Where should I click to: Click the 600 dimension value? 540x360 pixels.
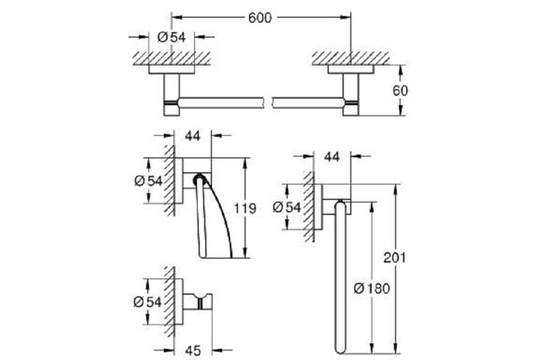pos(260,18)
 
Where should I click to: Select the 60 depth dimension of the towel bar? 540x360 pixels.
pos(400,91)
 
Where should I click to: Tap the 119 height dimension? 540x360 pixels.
pos(245,208)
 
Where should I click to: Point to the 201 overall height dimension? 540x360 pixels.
pos(395,257)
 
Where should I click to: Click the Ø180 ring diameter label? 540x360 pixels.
pos(372,288)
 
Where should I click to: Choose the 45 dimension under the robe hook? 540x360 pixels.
pos(193,351)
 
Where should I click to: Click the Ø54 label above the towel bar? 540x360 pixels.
pos(171,37)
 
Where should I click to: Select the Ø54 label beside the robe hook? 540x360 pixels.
pos(148,302)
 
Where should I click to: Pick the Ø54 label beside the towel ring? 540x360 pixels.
pos(287,207)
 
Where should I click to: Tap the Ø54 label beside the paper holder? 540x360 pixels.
pos(148,181)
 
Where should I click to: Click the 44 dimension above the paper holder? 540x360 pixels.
pos(193,136)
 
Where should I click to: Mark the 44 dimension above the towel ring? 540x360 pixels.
pos(332,157)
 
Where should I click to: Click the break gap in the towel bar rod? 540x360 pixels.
pos(268,103)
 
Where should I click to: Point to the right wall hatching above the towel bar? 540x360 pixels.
pos(351,58)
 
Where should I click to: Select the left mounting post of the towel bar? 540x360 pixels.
pos(171,94)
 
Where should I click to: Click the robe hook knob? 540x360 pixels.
pos(205,301)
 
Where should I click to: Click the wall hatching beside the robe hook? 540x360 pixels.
pos(170,301)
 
